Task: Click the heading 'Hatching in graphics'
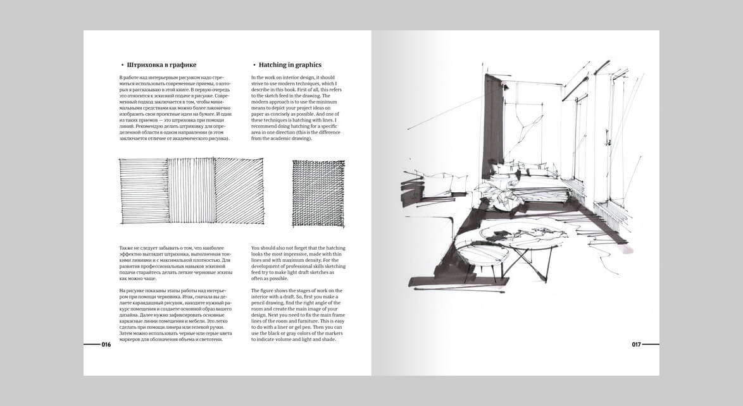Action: (x=290, y=65)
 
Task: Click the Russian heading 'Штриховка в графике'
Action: (x=161, y=65)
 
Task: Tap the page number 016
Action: (x=106, y=345)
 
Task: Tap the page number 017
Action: (x=636, y=345)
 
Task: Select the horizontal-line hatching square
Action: (x=144, y=190)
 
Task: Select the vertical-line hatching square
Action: (x=191, y=190)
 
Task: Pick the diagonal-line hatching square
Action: (x=239, y=190)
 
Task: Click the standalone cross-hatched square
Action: (x=318, y=193)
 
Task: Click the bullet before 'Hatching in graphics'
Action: (x=254, y=65)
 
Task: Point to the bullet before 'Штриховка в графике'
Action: (x=122, y=65)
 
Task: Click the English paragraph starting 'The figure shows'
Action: (x=299, y=315)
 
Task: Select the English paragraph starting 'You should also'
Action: (x=299, y=263)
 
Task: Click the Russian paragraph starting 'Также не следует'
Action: (x=175, y=263)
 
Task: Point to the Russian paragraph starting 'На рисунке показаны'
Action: (x=175, y=315)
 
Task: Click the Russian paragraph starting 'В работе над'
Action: (x=175, y=108)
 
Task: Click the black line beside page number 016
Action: (x=92, y=345)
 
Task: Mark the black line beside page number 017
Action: (x=651, y=345)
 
